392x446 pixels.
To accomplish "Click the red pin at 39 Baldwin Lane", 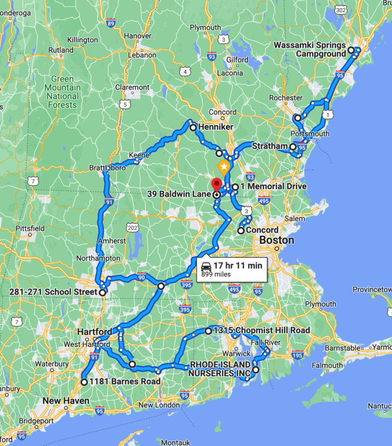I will coord(216,184).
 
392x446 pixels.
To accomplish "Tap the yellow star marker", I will coord(224,166).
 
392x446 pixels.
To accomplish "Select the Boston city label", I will coord(277,240).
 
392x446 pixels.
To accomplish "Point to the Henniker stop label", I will coord(215,127).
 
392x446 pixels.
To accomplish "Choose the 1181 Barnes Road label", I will coord(125,381).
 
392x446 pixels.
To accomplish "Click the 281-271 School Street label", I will coord(53,292).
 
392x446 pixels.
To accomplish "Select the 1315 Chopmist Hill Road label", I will coord(262,330).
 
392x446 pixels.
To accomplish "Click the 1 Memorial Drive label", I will coord(273,186).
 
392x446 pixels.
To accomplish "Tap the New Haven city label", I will coord(66,401).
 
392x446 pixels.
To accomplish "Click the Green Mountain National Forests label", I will coord(63,92).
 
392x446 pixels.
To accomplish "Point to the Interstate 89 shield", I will coord(111,23).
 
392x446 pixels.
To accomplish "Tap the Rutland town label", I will coord(60,50).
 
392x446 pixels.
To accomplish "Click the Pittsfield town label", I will coord(30,228).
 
